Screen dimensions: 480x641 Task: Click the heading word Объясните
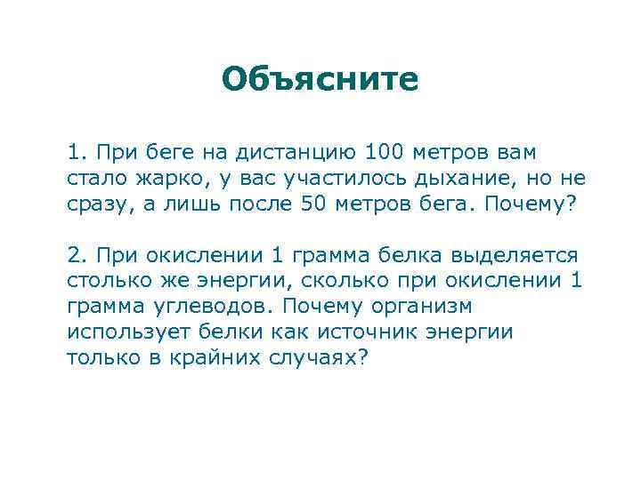[x=320, y=79]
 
